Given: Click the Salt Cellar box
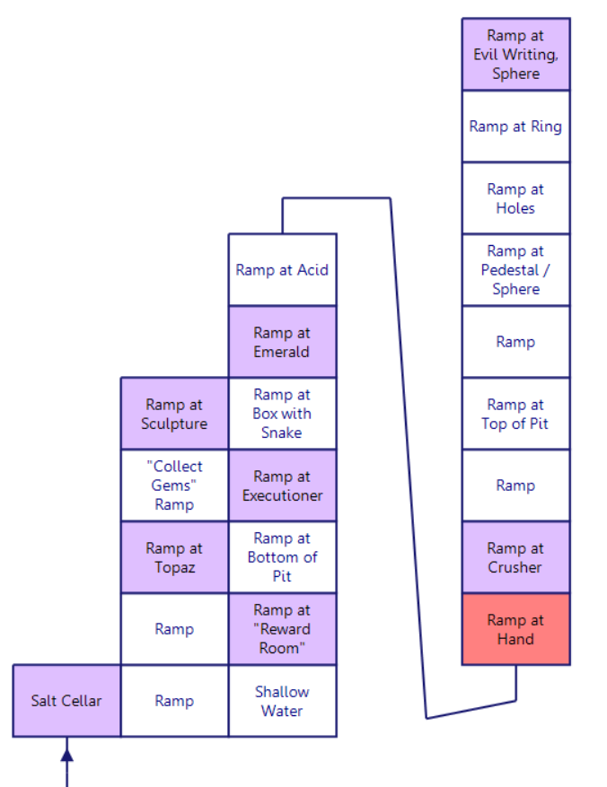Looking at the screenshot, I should pyautogui.click(x=66, y=701).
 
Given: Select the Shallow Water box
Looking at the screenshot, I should pyautogui.click(x=282, y=701).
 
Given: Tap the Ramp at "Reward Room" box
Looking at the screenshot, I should pyautogui.click(x=282, y=629).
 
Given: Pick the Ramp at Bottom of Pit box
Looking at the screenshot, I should pyautogui.click(x=282, y=557).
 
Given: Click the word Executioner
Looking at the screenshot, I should pyautogui.click(x=282, y=495).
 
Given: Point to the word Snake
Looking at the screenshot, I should pyautogui.click(x=282, y=433).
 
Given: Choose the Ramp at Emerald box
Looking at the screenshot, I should pyautogui.click(x=282, y=342).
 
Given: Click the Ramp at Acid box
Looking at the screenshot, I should pyautogui.click(x=282, y=270).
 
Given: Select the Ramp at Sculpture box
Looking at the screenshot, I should pyautogui.click(x=174, y=414).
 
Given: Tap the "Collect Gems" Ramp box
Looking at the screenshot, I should pyautogui.click(x=174, y=485).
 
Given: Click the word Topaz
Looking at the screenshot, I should pyautogui.click(x=174, y=567).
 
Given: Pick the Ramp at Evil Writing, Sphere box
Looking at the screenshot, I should pyautogui.click(x=515, y=55).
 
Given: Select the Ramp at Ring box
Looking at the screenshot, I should pyautogui.click(x=515, y=127).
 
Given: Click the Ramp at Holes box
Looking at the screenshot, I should pyautogui.click(x=515, y=198).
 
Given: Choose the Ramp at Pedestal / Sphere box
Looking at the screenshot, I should pyautogui.click(x=515, y=270).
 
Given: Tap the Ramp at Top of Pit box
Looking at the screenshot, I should pyautogui.click(x=515, y=414).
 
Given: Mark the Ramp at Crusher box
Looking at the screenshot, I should pyautogui.click(x=515, y=557).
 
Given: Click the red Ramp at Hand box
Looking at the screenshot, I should pyautogui.click(x=515, y=629).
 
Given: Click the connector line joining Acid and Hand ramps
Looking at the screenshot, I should pyautogui.click(x=407, y=449).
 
